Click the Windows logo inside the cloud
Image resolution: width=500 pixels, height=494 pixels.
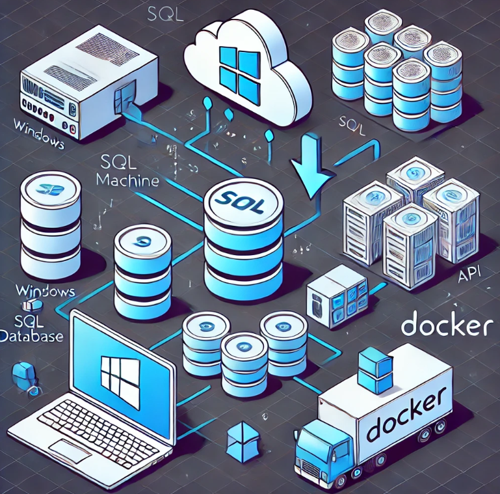(237, 68)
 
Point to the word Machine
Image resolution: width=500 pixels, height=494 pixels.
(127, 180)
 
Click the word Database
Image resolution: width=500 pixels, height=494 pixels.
(31, 336)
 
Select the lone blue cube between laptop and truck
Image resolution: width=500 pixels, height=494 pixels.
(240, 440)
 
